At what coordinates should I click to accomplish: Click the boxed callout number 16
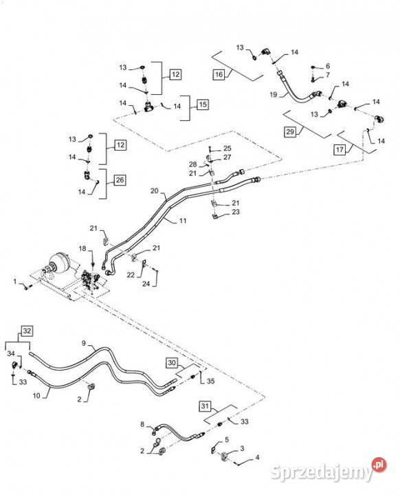(x=219, y=75)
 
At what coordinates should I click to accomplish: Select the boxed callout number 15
(x=203, y=104)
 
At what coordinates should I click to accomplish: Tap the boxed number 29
(x=290, y=131)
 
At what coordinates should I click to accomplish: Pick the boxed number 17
(x=340, y=149)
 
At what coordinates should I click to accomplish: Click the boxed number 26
(x=120, y=180)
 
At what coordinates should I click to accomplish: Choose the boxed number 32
(x=27, y=331)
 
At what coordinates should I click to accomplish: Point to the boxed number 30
(x=172, y=363)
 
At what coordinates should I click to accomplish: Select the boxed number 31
(x=205, y=406)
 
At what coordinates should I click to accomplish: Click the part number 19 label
(x=274, y=94)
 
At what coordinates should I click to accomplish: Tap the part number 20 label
(x=154, y=190)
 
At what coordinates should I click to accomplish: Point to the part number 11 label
(x=183, y=221)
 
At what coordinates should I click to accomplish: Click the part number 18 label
(x=82, y=248)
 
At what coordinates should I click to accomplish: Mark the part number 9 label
(x=84, y=343)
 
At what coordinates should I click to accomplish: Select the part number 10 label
(x=36, y=395)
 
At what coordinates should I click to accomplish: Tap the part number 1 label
(x=15, y=281)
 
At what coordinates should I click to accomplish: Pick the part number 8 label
(x=142, y=424)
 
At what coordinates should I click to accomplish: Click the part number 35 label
(x=210, y=381)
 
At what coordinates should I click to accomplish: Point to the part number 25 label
(x=227, y=148)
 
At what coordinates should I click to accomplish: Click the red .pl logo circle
(x=379, y=464)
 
